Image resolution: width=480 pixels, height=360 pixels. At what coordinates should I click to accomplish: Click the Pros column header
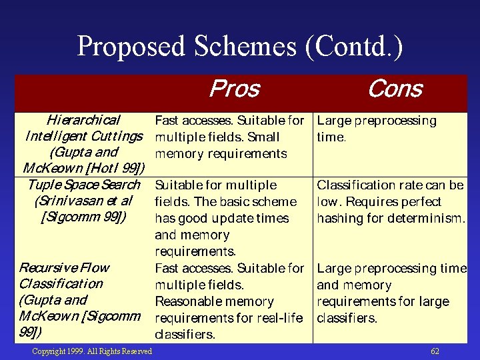pos(234,89)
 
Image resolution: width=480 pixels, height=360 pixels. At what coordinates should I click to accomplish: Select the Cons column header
pos(395,89)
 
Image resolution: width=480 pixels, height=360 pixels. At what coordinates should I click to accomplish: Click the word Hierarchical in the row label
pos(83,121)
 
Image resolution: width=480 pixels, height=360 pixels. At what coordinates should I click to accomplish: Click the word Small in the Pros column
pos(263,137)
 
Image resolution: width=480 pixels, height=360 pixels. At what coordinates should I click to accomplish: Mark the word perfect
pos(421,201)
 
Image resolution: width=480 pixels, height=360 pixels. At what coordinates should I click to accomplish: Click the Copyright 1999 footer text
pos(92,351)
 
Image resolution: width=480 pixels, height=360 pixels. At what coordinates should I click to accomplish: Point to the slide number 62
pos(435,351)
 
